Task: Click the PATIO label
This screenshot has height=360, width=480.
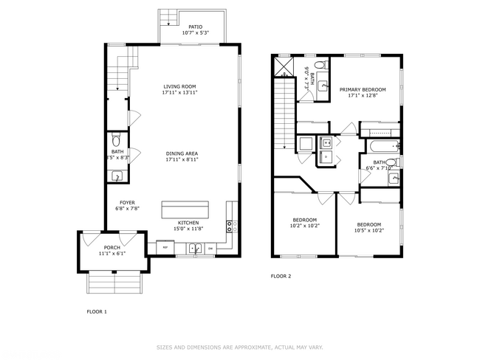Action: (x=196, y=27)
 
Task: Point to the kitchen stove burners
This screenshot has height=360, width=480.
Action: (x=230, y=225)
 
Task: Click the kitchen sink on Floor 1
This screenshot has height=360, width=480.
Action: (x=196, y=249)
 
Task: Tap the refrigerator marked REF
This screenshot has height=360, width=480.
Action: (x=165, y=249)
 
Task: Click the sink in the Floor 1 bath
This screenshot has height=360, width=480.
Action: (x=116, y=176)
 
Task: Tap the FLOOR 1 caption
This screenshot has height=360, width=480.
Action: (x=97, y=312)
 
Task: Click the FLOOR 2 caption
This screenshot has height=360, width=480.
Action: (x=281, y=276)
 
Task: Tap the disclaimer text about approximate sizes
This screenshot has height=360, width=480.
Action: (x=239, y=347)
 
